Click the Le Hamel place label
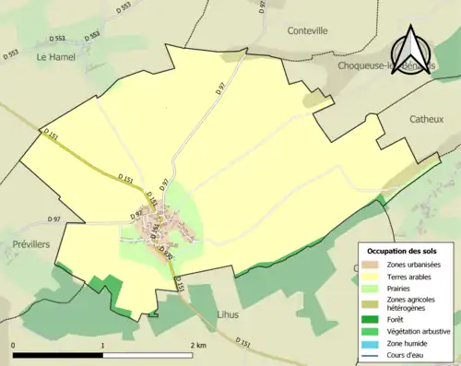pyautogui.click(x=55, y=57)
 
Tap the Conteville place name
pyautogui.click(x=307, y=56)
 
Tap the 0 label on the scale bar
pyautogui.click(x=14, y=345)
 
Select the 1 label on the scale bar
pyautogui.click(x=102, y=345)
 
